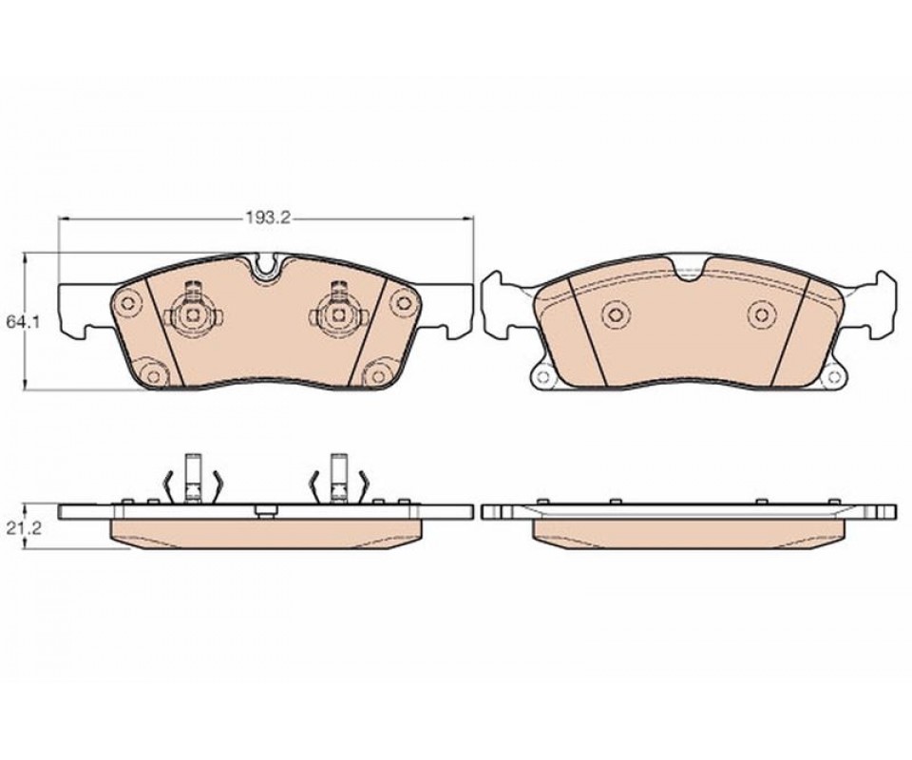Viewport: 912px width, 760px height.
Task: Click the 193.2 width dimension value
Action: click(266, 218)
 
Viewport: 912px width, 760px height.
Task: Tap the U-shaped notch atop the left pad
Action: click(266, 267)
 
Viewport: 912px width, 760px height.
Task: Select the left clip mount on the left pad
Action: click(193, 315)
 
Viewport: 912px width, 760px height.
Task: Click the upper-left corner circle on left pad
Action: click(128, 302)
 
